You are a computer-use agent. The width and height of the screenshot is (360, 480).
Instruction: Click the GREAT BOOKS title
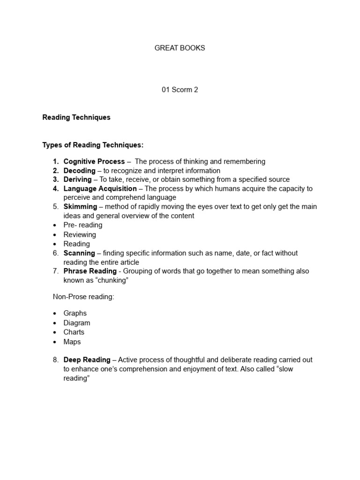(x=180, y=48)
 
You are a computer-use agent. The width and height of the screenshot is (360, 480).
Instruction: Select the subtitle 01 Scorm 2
(x=180, y=90)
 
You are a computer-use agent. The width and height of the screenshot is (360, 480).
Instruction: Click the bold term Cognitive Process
(x=94, y=161)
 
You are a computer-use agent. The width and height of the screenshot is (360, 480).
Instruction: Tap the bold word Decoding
(x=79, y=171)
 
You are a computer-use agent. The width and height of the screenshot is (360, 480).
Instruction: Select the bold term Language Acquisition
(x=100, y=188)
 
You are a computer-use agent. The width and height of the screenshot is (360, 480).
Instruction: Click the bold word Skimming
(x=80, y=207)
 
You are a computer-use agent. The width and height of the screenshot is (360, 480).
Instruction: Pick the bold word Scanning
(x=79, y=253)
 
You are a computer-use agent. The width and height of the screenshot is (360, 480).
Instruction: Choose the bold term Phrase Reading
(x=90, y=271)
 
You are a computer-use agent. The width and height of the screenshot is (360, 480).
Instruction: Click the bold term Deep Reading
(x=87, y=360)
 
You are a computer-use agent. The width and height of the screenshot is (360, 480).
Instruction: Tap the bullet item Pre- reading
(x=83, y=225)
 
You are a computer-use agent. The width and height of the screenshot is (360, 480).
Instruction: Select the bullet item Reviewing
(x=80, y=234)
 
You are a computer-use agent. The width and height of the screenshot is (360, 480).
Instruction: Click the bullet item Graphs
(x=75, y=313)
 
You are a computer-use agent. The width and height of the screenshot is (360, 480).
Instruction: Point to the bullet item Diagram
(x=77, y=323)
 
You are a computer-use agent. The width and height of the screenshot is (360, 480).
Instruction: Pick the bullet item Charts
(x=74, y=332)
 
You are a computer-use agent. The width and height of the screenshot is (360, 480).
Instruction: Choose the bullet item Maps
(x=72, y=342)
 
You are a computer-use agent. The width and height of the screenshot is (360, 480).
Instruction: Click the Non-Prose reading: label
(x=83, y=297)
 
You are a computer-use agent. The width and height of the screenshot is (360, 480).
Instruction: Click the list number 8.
(x=55, y=360)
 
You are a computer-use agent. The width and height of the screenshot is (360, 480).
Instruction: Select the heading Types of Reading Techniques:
(x=93, y=145)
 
